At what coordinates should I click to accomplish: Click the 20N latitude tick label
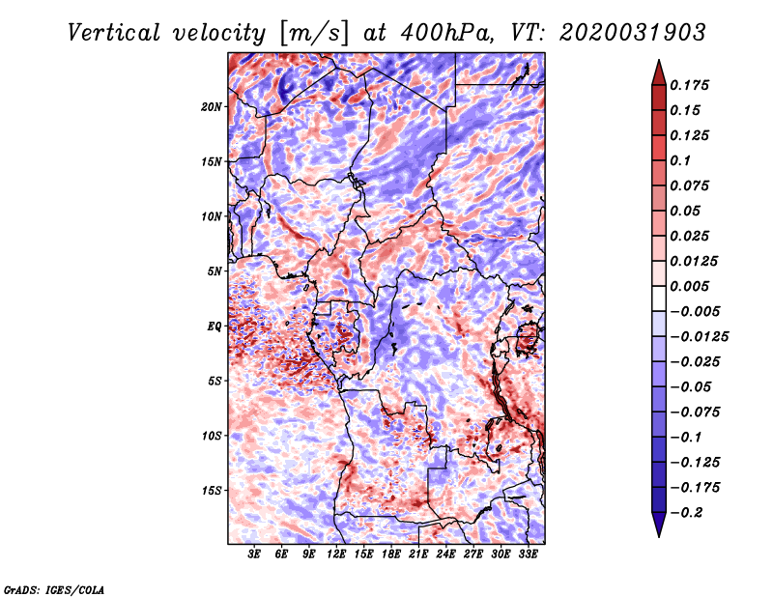coord(211,106)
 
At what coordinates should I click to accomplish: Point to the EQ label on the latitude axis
coord(214,326)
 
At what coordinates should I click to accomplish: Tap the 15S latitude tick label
coord(212,491)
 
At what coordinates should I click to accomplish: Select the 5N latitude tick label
coord(215,271)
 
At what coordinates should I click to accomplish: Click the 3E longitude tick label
coord(254,554)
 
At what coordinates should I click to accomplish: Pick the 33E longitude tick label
coord(528,554)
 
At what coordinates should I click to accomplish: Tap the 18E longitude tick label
coord(391,554)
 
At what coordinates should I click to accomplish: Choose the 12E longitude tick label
coord(336,554)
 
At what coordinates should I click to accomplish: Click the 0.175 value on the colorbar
coord(689,85)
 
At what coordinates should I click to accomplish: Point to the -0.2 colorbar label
coord(686,513)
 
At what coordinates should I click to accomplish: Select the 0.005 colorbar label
coord(689,286)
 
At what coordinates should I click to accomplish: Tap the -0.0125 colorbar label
coord(699,337)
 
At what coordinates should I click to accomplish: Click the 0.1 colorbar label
coord(680,160)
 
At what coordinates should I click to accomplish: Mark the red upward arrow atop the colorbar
coord(659,72)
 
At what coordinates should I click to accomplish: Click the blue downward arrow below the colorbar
coord(659,525)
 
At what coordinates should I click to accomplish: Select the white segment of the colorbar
coord(659,298)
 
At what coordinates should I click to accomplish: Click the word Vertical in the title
coord(114,33)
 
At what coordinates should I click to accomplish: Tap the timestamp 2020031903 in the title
coord(633,33)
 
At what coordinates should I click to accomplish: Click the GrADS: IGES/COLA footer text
coord(54,589)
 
